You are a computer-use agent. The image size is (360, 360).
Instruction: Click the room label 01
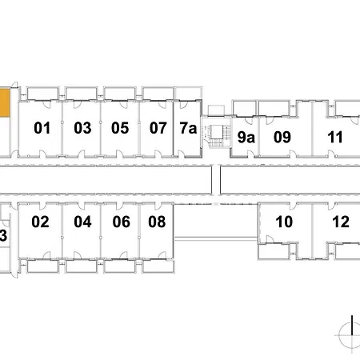pyautogui.click(x=42, y=128)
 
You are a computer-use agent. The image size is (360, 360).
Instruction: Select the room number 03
pyautogui.click(x=82, y=128)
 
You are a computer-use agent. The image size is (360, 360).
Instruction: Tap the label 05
pyautogui.click(x=120, y=128)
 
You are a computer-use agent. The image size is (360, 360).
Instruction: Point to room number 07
pyautogui.click(x=158, y=128)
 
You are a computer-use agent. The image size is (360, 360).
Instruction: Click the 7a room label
pyautogui.click(x=188, y=128)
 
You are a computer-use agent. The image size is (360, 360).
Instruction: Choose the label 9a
pyautogui.click(x=246, y=138)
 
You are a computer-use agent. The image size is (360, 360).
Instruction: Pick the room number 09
pyautogui.click(x=282, y=138)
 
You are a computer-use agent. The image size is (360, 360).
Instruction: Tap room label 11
pyautogui.click(x=335, y=138)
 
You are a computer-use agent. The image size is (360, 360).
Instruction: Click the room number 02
pyautogui.click(x=40, y=222)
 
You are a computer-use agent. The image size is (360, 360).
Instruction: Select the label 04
pyautogui.click(x=82, y=222)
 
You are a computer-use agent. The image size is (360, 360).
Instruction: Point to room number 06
pyautogui.click(x=122, y=222)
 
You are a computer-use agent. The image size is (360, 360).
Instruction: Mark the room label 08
pyautogui.click(x=157, y=222)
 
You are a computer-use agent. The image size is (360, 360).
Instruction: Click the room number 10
pyautogui.click(x=284, y=222)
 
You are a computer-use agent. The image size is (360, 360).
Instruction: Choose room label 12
pyautogui.click(x=341, y=222)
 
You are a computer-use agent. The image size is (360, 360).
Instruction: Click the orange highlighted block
pyautogui.click(x=5, y=102)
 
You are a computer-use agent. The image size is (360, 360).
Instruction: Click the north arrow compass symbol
pyautogui.click(x=350, y=334)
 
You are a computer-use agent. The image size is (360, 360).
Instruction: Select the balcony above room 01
pyautogui.click(x=42, y=94)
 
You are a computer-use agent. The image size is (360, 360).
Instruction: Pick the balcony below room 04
pyautogui.click(x=82, y=266)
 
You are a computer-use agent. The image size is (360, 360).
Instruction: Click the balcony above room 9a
pyautogui.click(x=244, y=108)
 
